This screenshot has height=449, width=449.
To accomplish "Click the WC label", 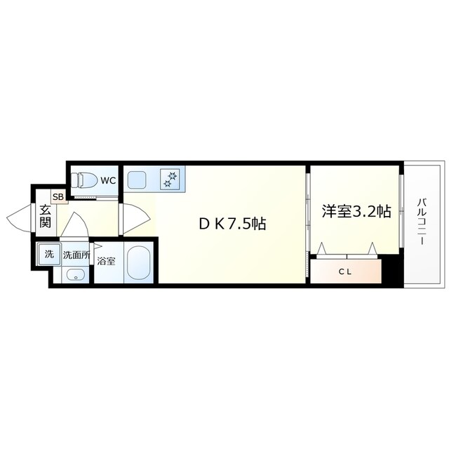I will click(107, 180).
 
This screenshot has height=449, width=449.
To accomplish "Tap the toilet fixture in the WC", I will click(86, 180).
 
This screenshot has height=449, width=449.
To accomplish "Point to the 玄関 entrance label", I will click(45, 216).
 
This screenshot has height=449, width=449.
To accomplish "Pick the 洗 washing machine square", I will click(49, 254).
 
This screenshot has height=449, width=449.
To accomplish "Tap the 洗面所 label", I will click(75, 255).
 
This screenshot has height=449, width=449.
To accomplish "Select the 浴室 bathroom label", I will click(107, 262).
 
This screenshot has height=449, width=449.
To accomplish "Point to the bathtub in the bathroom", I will click(141, 263).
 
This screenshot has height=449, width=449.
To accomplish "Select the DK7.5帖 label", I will click(231, 224).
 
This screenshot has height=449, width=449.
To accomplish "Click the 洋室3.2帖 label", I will click(356, 211).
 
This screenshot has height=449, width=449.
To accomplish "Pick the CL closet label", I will click(345, 271).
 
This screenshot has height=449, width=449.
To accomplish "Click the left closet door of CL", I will click(323, 249).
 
